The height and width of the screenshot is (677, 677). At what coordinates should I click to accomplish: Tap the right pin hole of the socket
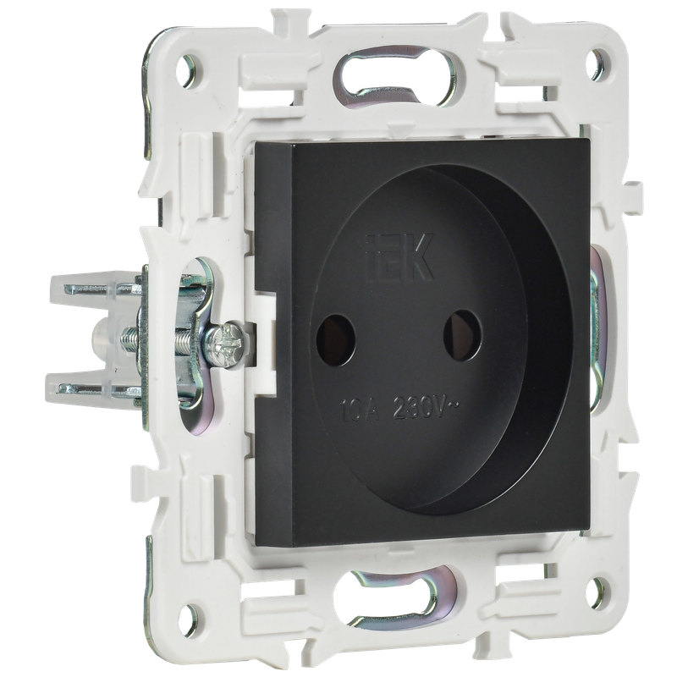462,329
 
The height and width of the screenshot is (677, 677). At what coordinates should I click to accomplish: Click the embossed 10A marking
360,410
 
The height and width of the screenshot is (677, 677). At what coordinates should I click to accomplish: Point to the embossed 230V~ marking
426,407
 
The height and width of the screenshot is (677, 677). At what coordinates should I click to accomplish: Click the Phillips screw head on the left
223,344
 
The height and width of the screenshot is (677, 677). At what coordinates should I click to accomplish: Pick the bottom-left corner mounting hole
187,619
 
